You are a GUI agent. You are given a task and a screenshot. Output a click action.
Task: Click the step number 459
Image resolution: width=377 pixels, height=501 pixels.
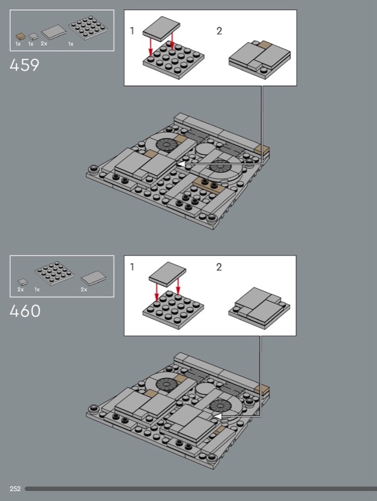click(x=24, y=65)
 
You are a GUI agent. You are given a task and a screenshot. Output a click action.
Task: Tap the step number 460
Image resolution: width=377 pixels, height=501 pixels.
click(x=25, y=310)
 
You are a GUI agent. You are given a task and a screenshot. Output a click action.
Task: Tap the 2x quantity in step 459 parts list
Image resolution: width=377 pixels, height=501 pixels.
click(x=44, y=44)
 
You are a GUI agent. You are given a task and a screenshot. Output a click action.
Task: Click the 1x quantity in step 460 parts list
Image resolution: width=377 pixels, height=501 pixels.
click(x=38, y=290)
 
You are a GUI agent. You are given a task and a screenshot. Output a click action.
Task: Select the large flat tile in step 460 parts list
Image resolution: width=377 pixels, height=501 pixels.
click(x=92, y=277)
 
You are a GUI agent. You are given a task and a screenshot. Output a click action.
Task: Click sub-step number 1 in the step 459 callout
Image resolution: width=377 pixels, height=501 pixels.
click(x=132, y=31)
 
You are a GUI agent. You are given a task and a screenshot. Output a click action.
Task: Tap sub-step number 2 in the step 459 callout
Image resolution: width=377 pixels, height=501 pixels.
click(x=219, y=31)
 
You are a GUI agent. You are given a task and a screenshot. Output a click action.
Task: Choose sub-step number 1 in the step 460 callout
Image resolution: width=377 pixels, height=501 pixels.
click(x=132, y=267)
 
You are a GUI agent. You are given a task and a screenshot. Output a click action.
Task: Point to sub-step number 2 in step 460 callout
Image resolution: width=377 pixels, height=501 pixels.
click(x=219, y=267)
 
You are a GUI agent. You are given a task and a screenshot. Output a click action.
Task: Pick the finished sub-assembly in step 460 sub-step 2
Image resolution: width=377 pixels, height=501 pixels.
click(x=258, y=303)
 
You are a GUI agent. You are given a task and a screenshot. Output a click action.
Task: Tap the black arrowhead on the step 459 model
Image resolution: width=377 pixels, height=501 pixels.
click(x=180, y=163)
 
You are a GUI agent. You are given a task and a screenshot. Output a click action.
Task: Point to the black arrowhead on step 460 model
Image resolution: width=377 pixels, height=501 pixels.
click(x=216, y=414)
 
